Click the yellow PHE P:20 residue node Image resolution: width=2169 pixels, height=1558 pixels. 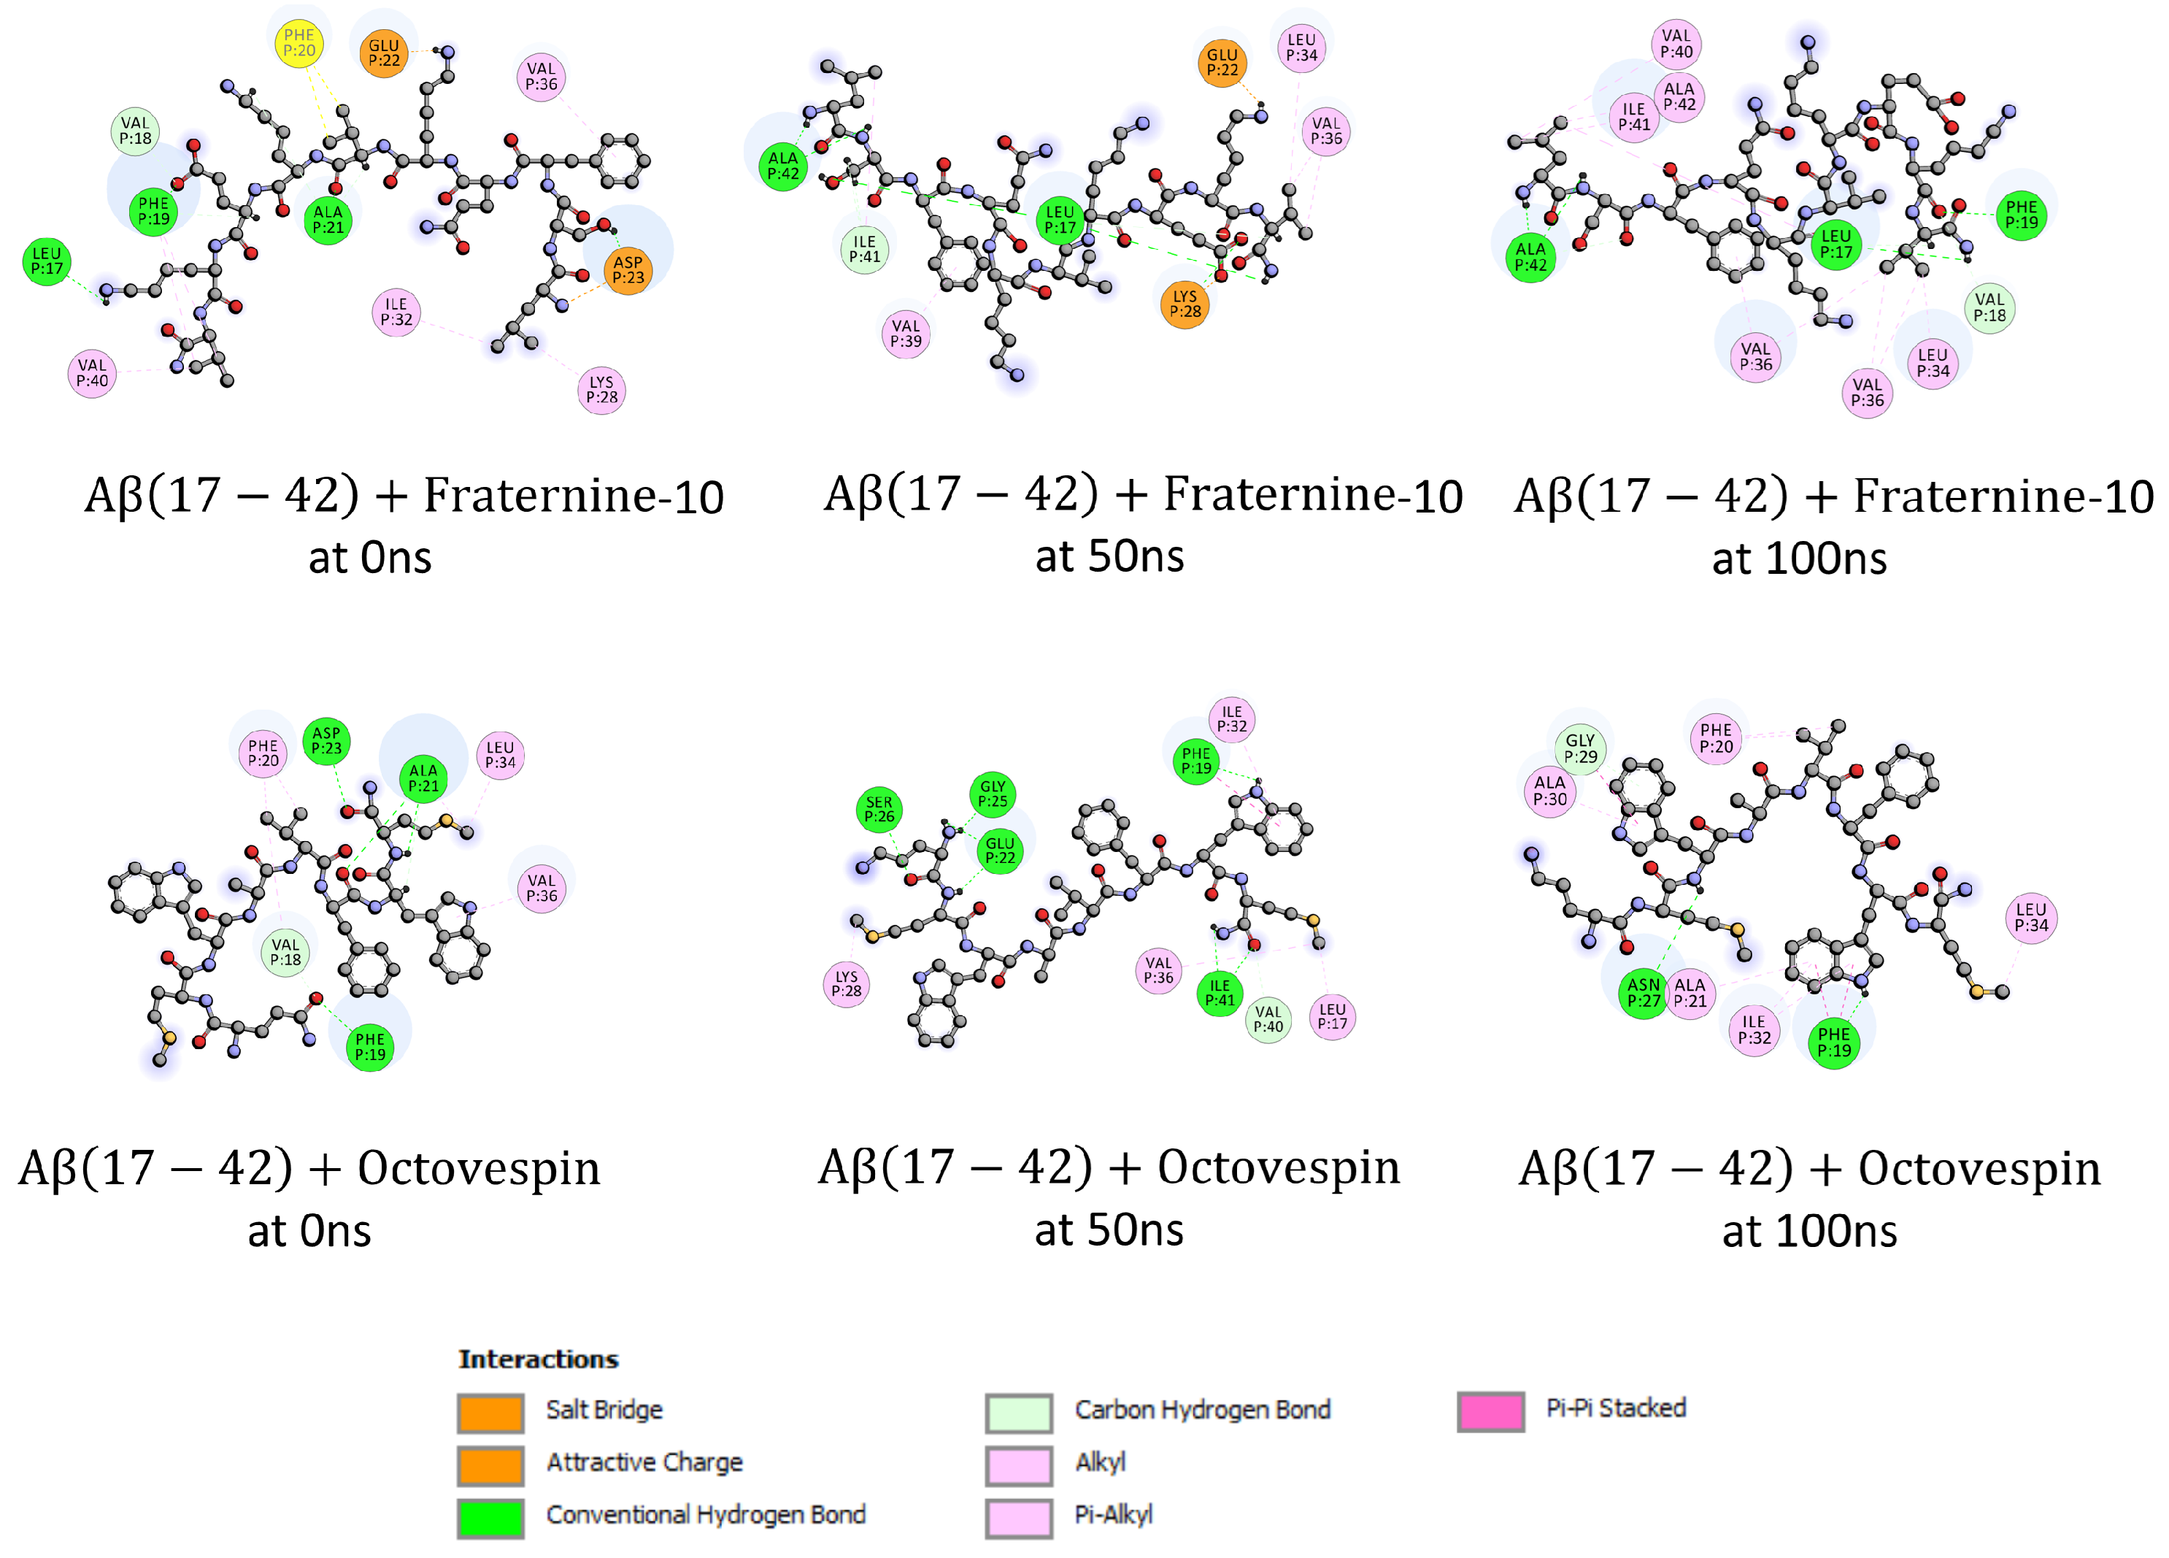tap(298, 43)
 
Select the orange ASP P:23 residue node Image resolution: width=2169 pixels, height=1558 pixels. tap(628, 271)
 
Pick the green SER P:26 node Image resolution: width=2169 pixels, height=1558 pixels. tap(879, 809)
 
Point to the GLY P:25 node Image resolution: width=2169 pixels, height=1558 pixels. tap(993, 794)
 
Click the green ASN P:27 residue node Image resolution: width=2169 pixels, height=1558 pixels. tap(1643, 993)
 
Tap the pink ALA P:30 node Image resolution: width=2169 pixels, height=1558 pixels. tap(1549, 791)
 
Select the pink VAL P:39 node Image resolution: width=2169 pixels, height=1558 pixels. tap(906, 334)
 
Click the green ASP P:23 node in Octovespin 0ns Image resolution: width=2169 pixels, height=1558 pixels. tap(326, 741)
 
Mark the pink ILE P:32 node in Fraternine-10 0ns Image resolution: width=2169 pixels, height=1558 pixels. tap(396, 312)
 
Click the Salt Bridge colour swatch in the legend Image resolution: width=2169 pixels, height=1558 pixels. tap(490, 1413)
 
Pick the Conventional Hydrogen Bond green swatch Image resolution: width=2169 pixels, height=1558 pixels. tap(490, 1518)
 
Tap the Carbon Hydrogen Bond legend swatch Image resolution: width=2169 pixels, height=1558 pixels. tap(1019, 1413)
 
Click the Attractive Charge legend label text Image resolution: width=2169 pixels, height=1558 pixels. tap(644, 1462)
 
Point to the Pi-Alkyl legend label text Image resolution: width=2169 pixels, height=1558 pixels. tap(1113, 1515)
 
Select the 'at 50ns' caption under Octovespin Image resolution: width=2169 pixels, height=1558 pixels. tap(1109, 1230)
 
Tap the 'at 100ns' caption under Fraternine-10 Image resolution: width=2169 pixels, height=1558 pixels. tap(1799, 559)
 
